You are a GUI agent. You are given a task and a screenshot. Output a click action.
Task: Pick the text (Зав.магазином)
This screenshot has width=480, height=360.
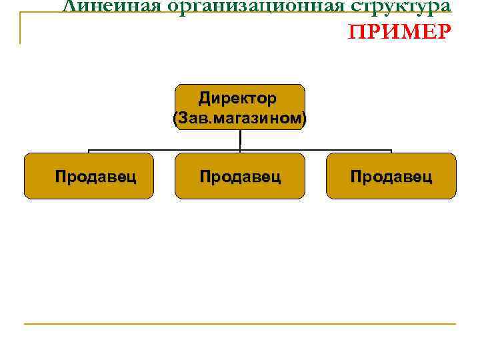click(239, 119)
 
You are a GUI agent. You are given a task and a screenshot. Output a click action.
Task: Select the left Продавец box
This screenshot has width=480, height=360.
click(89, 176)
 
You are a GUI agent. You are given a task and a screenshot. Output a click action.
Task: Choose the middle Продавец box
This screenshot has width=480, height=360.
click(239, 176)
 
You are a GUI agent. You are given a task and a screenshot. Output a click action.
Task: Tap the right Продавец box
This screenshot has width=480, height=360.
click(391, 176)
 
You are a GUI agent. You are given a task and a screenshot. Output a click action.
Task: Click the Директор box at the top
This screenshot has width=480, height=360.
click(239, 107)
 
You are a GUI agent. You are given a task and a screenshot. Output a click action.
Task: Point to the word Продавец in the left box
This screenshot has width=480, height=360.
click(96, 177)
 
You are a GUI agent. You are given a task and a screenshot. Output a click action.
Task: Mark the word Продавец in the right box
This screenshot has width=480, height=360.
click(391, 177)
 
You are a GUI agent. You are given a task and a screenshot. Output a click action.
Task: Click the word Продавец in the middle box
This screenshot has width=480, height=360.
click(240, 177)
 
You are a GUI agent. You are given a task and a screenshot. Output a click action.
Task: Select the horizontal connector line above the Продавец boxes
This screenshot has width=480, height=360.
click(167, 149)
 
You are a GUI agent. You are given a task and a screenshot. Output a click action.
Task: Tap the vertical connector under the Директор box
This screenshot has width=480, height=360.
click(239, 139)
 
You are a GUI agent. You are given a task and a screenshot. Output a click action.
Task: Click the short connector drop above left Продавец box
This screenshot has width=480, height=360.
click(89, 151)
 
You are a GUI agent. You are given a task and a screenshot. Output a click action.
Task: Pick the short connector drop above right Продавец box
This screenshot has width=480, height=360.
click(391, 151)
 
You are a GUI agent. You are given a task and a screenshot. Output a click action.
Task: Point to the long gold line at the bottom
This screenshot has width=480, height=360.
click(240, 324)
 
